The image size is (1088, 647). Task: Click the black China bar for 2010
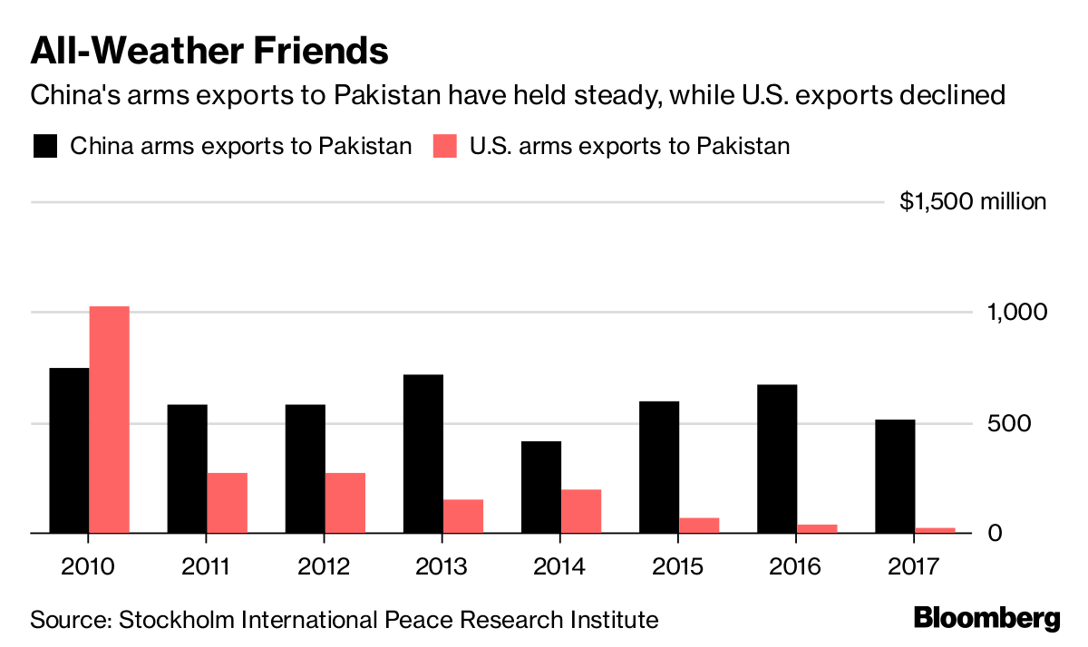tap(69, 450)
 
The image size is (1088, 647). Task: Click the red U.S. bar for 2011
tap(227, 503)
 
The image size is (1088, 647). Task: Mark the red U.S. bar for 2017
tap(934, 530)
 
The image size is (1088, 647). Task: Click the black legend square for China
tap(45, 146)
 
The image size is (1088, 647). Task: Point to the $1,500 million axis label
tap(972, 201)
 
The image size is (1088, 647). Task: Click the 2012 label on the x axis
tap(325, 567)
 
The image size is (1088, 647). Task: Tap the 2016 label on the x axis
tap(796, 567)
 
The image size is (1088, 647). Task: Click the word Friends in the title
tap(311, 51)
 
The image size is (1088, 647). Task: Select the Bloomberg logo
tap(986, 619)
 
